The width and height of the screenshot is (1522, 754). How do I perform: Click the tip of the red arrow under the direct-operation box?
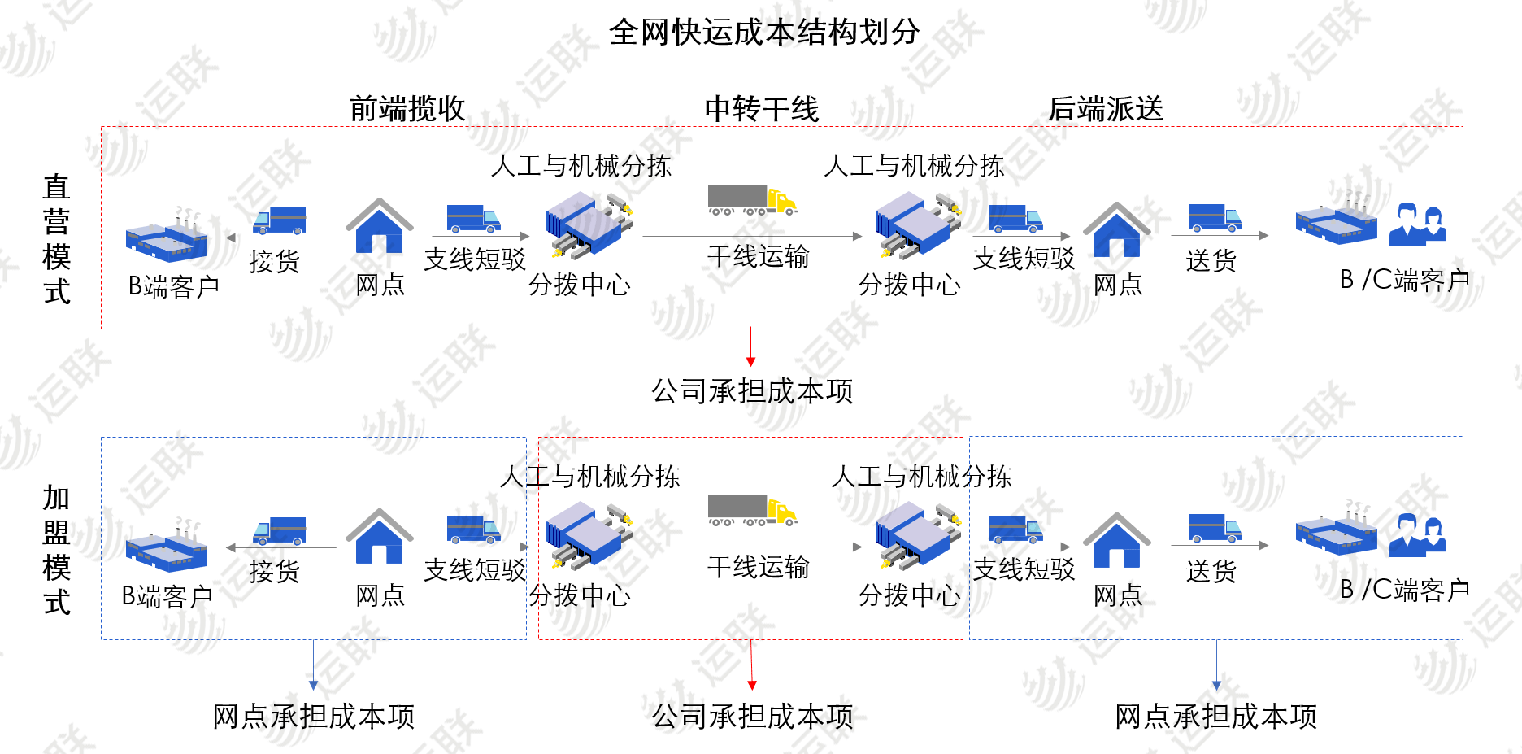point(750,367)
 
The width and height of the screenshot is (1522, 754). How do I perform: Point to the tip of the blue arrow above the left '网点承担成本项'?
point(313,691)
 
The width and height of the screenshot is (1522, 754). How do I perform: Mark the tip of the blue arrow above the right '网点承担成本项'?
point(1216,691)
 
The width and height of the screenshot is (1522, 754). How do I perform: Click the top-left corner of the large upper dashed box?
point(101,126)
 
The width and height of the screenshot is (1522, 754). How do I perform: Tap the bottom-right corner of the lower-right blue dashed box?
point(1463,639)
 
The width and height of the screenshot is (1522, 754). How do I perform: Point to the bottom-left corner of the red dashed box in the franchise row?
point(538,639)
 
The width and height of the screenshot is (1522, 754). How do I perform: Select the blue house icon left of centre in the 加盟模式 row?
point(380,537)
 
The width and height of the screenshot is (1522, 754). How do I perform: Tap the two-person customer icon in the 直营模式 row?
point(1418,224)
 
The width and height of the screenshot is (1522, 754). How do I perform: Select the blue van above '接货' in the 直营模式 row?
point(279,220)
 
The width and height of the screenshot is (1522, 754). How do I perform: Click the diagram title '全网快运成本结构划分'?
point(764,33)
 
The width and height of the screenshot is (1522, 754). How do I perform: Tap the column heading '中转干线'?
point(762,109)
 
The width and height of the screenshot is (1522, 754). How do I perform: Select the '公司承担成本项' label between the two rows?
point(752,391)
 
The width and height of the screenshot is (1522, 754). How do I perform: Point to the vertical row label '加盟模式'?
point(57,550)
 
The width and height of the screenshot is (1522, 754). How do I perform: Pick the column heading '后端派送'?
point(1106,109)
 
